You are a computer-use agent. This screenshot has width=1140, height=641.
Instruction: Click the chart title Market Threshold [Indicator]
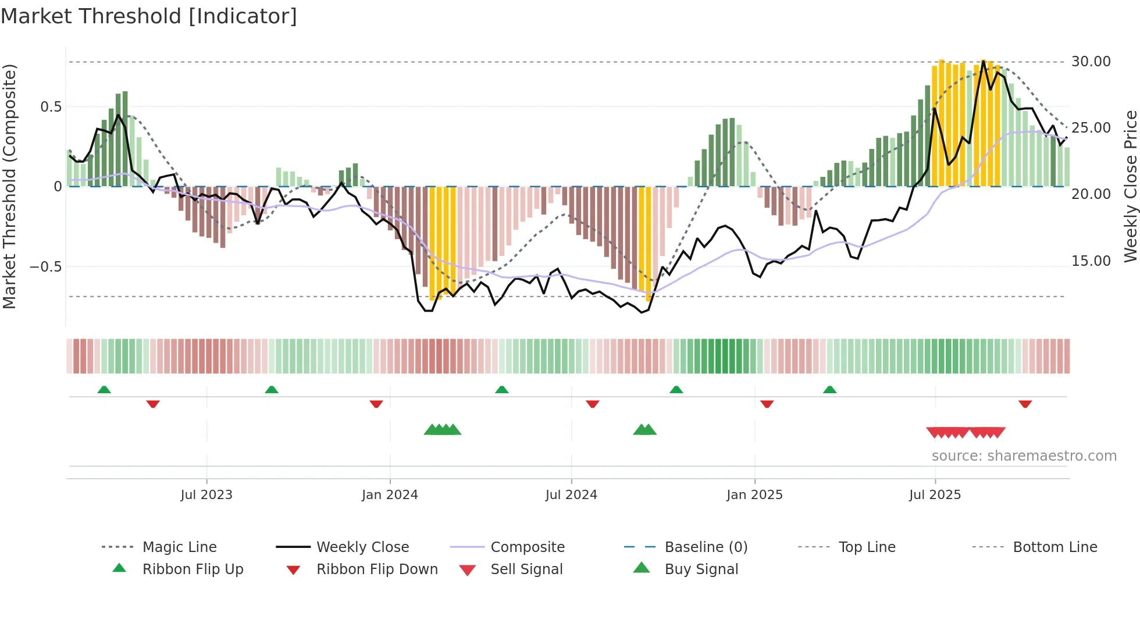coord(149,16)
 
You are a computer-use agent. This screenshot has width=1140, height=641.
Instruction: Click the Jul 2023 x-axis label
coord(206,495)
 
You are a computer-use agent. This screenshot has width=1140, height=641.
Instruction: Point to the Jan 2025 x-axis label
coord(754,495)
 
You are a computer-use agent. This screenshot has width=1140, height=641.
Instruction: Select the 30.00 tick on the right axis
coord(1091,62)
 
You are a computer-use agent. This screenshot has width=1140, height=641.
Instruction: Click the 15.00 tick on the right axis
coord(1091,261)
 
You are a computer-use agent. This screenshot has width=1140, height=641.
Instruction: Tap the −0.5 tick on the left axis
coord(45,267)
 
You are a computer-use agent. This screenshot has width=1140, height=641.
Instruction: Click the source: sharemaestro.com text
coord(1024,456)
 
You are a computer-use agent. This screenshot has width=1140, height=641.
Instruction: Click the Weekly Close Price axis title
coord(1130,186)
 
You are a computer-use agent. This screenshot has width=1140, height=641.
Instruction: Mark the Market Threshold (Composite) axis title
coord(9,186)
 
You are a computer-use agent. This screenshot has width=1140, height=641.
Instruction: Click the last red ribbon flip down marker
coord(1025,404)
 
